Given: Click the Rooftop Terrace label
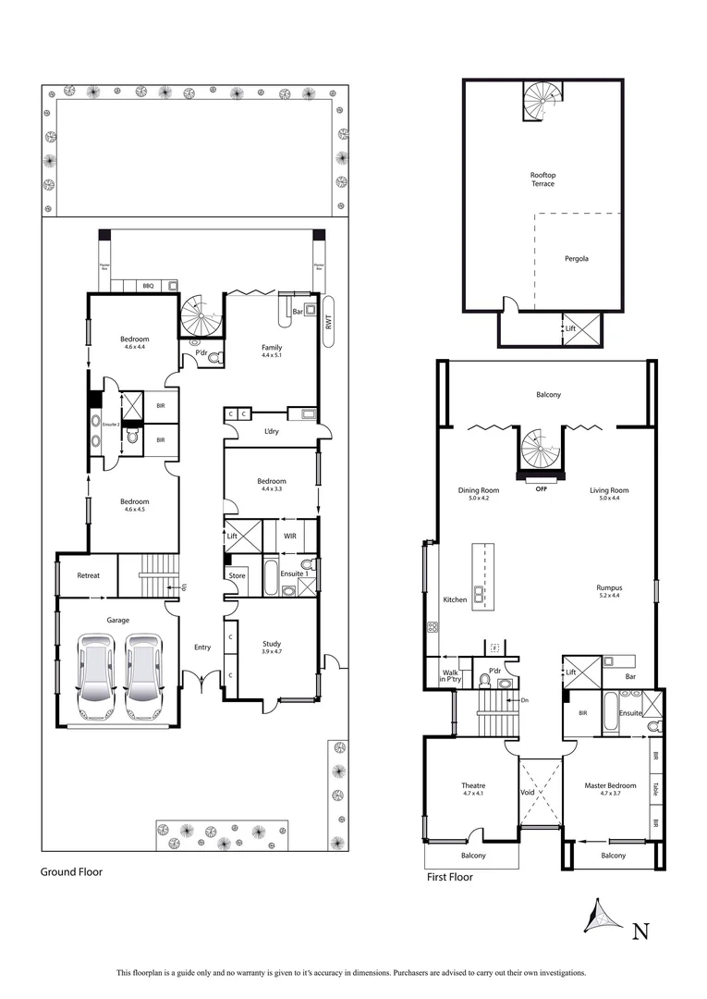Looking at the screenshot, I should pos(542,179).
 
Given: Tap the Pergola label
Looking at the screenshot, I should pos(577,258).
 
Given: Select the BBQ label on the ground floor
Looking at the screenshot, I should pos(148,287).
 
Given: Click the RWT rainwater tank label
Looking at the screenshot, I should pos(328,322).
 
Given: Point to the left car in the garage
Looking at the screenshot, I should pos(96,675).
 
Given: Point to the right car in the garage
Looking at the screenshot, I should pos(143,675).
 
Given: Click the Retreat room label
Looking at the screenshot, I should pos(88,575).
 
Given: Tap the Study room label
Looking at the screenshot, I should pos(271,644).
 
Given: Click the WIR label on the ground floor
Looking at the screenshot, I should pos(289,535).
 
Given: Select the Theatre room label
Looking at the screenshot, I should pos(473,786).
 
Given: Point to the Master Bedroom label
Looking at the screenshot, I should pos(609,786).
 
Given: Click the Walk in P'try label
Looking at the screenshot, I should pos(451,676).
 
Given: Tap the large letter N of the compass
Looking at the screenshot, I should pos(638,931).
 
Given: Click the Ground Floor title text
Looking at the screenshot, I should pos(71,871).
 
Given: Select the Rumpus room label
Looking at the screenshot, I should pos(609,587).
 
